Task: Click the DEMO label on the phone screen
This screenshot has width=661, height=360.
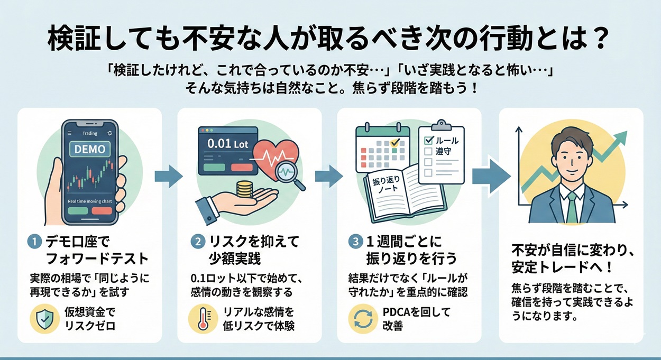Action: coord(89,149)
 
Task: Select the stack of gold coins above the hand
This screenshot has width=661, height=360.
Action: coord(244,189)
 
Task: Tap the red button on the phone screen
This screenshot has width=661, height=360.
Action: coord(102,210)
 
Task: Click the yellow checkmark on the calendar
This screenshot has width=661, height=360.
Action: coord(394,142)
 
